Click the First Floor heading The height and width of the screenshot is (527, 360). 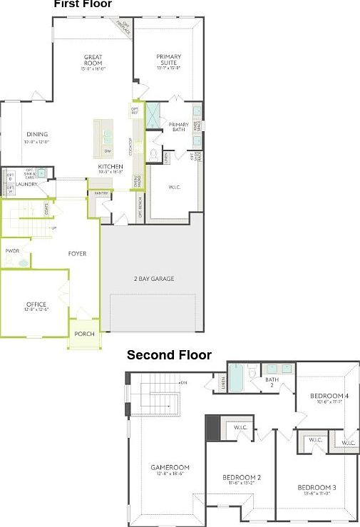tap(83, 4)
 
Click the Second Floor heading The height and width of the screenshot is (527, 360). tap(169, 354)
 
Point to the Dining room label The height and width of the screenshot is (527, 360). tap(37, 135)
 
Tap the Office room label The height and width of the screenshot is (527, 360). tap(36, 305)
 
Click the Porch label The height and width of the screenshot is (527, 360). tap(85, 334)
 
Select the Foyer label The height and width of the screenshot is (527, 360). tap(77, 253)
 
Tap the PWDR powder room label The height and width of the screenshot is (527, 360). tap(12, 251)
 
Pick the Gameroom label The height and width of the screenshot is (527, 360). tap(168, 468)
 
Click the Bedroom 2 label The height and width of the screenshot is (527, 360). tap(242, 478)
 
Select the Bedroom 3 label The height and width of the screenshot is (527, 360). tap(317, 488)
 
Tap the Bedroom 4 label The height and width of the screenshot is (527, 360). tap(329, 396)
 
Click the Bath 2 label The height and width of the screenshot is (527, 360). tap(272, 382)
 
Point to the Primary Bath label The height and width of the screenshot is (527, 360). tap(178, 126)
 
